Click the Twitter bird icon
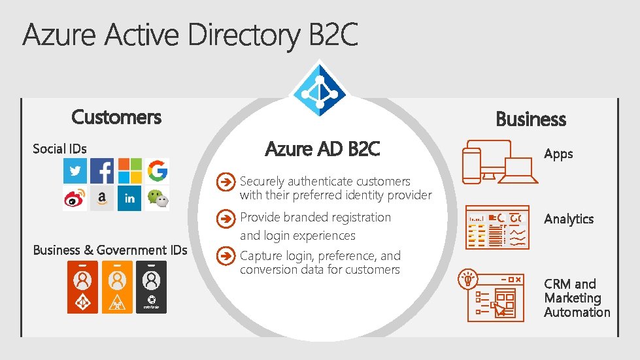(75, 171)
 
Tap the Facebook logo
(102, 171)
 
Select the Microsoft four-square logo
(129, 171)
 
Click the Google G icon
(157, 171)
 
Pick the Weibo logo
(75, 199)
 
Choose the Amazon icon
(102, 199)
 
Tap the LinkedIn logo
(129, 199)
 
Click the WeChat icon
(157, 199)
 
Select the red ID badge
(82, 287)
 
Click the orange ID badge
(117, 287)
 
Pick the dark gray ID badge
(151, 287)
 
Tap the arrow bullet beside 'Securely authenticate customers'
(226, 182)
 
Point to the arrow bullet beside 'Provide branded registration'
(226, 218)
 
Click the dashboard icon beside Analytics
(497, 227)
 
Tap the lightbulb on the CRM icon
(468, 278)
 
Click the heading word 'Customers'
(116, 117)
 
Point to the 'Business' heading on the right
(530, 119)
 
